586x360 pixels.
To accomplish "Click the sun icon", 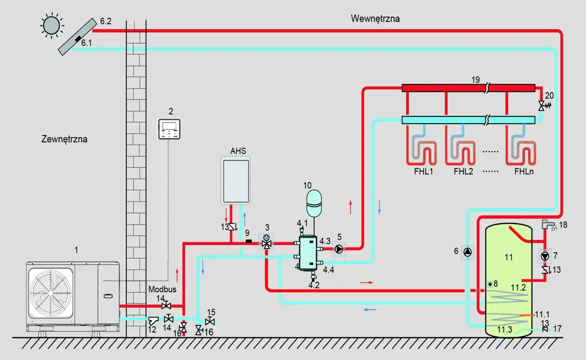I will pyautogui.click(x=51, y=25).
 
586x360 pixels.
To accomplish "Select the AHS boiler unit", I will pyautogui.click(x=235, y=181).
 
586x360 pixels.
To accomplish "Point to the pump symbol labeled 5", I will pyautogui.click(x=339, y=249).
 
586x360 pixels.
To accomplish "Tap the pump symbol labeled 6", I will pyautogui.click(x=467, y=252).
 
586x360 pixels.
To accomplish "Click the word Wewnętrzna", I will pyautogui.click(x=375, y=19).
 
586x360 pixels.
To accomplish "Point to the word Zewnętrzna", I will pyautogui.click(x=64, y=139).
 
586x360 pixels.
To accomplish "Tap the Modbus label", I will pyautogui.click(x=162, y=289).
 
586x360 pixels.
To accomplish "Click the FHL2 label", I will pyautogui.click(x=463, y=172).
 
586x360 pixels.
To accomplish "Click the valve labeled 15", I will pyautogui.click(x=210, y=321).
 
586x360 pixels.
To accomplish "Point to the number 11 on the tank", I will pyautogui.click(x=509, y=257).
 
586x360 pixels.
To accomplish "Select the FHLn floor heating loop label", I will pyautogui.click(x=524, y=172).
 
